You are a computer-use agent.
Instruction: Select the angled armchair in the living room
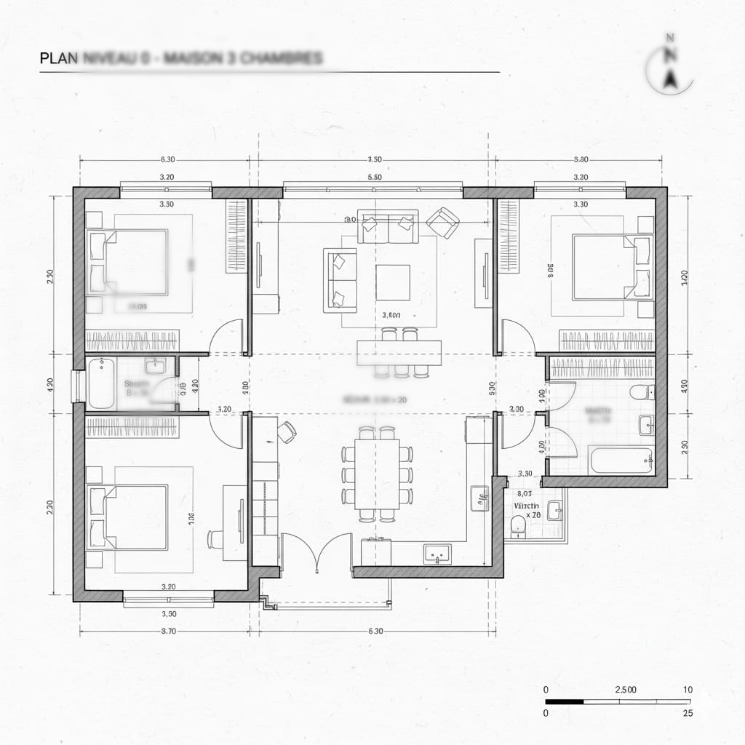(x=443, y=222)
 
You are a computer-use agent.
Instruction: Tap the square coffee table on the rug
(x=393, y=282)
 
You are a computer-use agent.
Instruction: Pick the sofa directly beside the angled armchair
(x=388, y=226)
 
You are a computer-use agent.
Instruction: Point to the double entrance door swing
(x=316, y=551)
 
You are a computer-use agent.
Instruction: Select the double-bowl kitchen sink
(x=438, y=554)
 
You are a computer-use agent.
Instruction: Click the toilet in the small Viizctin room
(x=519, y=525)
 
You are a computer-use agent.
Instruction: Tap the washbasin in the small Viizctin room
(x=555, y=511)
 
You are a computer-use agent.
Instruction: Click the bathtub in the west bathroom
(x=100, y=383)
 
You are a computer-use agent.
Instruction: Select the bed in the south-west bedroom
(x=128, y=516)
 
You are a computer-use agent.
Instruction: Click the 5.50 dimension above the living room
(x=375, y=177)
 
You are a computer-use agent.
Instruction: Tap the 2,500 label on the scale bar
(x=625, y=689)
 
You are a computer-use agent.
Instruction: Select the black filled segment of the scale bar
(x=565, y=701)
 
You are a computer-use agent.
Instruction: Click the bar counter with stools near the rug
(x=399, y=352)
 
